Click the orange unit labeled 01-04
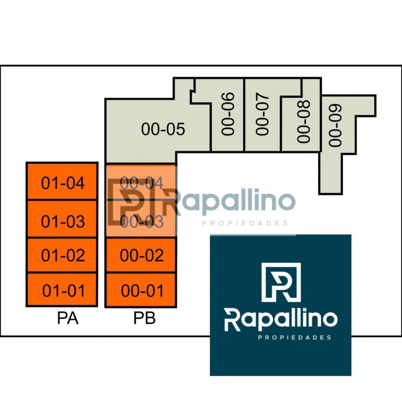(x=62, y=181)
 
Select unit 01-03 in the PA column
(x=62, y=219)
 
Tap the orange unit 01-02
(x=62, y=255)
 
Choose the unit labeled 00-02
(x=141, y=255)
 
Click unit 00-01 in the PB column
(x=141, y=290)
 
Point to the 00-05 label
(x=163, y=129)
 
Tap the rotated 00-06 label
(x=228, y=114)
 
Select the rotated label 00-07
(x=262, y=114)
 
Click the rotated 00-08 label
(x=303, y=121)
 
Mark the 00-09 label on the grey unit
(x=335, y=125)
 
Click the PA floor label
(x=68, y=318)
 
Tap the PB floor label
(x=144, y=318)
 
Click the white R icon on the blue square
(x=281, y=282)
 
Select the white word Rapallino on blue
(x=281, y=320)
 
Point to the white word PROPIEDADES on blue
(x=295, y=337)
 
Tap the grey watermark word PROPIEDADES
(x=245, y=223)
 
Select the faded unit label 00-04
(x=141, y=183)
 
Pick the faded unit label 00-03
(x=141, y=221)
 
